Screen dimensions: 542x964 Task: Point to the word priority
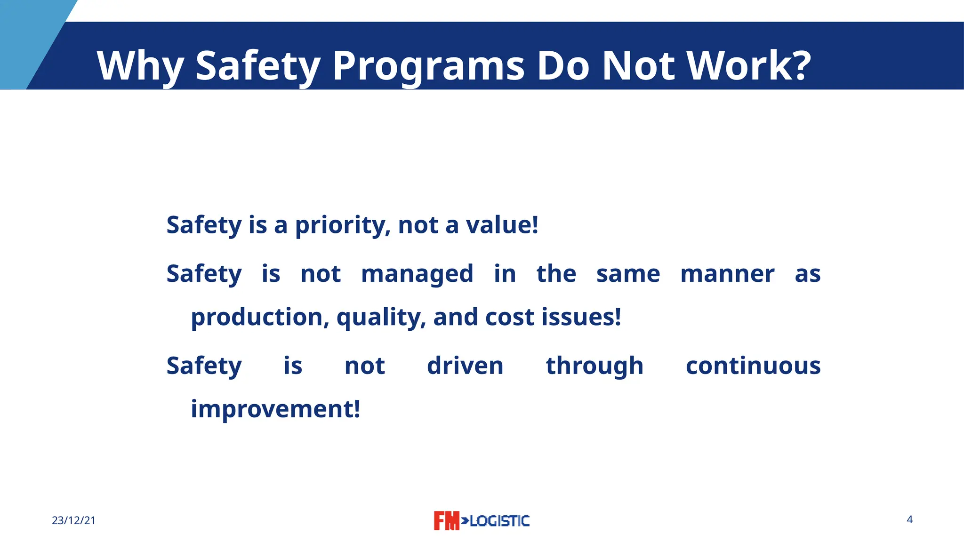(x=342, y=225)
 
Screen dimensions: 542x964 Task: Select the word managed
(x=417, y=274)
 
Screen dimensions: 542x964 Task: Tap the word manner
(x=727, y=274)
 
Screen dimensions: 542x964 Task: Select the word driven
(x=465, y=366)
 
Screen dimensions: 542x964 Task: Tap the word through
(x=594, y=366)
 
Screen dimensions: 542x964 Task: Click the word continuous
(x=753, y=366)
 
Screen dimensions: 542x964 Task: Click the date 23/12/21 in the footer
(x=73, y=520)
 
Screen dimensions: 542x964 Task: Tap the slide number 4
(x=909, y=519)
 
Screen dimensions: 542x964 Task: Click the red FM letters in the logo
(x=446, y=521)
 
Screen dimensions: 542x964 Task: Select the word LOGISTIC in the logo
(x=499, y=521)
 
